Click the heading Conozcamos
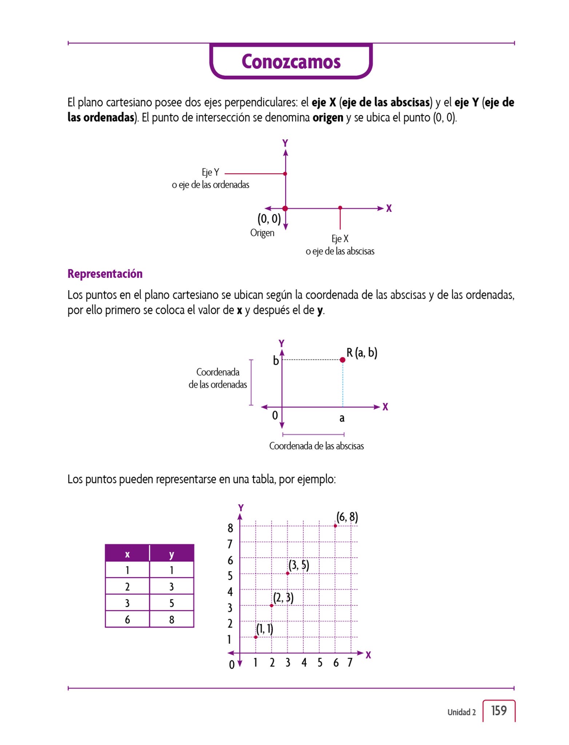(x=291, y=61)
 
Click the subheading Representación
(x=105, y=274)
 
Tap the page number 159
(x=499, y=710)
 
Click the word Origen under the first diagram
(x=262, y=233)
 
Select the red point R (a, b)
(x=342, y=360)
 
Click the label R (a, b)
(x=362, y=352)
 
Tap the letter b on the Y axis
(x=276, y=360)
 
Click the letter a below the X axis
(x=342, y=418)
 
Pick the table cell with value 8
(x=171, y=619)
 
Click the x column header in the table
(x=127, y=554)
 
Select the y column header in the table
(x=171, y=554)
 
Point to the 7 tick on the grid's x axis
(x=350, y=662)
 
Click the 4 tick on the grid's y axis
(x=230, y=592)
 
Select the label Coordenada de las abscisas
(x=316, y=446)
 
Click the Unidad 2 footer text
(x=461, y=712)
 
